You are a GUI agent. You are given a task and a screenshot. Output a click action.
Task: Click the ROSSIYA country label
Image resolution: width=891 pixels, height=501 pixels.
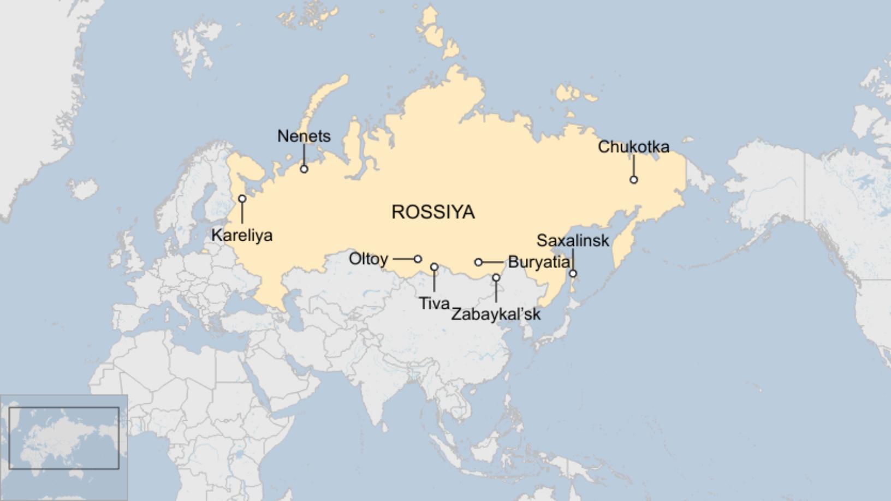coord(433,212)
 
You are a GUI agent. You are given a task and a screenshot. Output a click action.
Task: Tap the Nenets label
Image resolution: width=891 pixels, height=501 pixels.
coord(304,136)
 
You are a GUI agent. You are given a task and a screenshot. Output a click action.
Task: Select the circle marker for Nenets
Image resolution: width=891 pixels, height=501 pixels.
coord(304,169)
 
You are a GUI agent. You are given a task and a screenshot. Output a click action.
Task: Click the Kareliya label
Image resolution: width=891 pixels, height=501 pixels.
coord(242,235)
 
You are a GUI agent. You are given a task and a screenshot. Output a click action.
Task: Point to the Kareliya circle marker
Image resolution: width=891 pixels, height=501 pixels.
coord(242,199)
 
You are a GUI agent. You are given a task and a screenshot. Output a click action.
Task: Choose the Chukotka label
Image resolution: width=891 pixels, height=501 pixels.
coord(633,147)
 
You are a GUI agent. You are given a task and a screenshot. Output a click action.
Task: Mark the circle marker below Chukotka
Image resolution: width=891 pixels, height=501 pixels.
coord(634,180)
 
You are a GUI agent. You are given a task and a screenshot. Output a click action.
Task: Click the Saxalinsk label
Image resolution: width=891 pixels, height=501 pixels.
coord(572,240)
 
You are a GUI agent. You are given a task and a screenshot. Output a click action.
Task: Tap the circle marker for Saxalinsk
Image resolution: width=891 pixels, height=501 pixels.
coord(573,273)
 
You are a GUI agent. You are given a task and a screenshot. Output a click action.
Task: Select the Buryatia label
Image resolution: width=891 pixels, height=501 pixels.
coord(538,262)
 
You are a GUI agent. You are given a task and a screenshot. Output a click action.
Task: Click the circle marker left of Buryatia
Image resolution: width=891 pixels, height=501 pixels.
coord(478,263)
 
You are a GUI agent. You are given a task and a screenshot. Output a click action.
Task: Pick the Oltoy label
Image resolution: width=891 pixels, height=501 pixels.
coord(369,259)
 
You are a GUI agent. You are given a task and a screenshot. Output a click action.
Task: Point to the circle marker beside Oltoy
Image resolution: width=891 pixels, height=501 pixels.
coord(418,259)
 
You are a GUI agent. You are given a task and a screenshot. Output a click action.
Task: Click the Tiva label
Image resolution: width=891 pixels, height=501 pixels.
coord(434,303)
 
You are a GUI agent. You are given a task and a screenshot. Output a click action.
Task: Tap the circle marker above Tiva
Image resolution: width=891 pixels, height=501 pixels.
coord(434,267)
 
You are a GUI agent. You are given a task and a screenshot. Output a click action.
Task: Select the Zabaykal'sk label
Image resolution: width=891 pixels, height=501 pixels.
coord(496,314)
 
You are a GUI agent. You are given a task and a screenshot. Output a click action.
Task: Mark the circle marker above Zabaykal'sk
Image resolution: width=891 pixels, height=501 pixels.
coord(496,278)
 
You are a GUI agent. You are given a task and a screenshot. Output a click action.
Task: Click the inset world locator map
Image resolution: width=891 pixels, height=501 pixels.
coord(64,438)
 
